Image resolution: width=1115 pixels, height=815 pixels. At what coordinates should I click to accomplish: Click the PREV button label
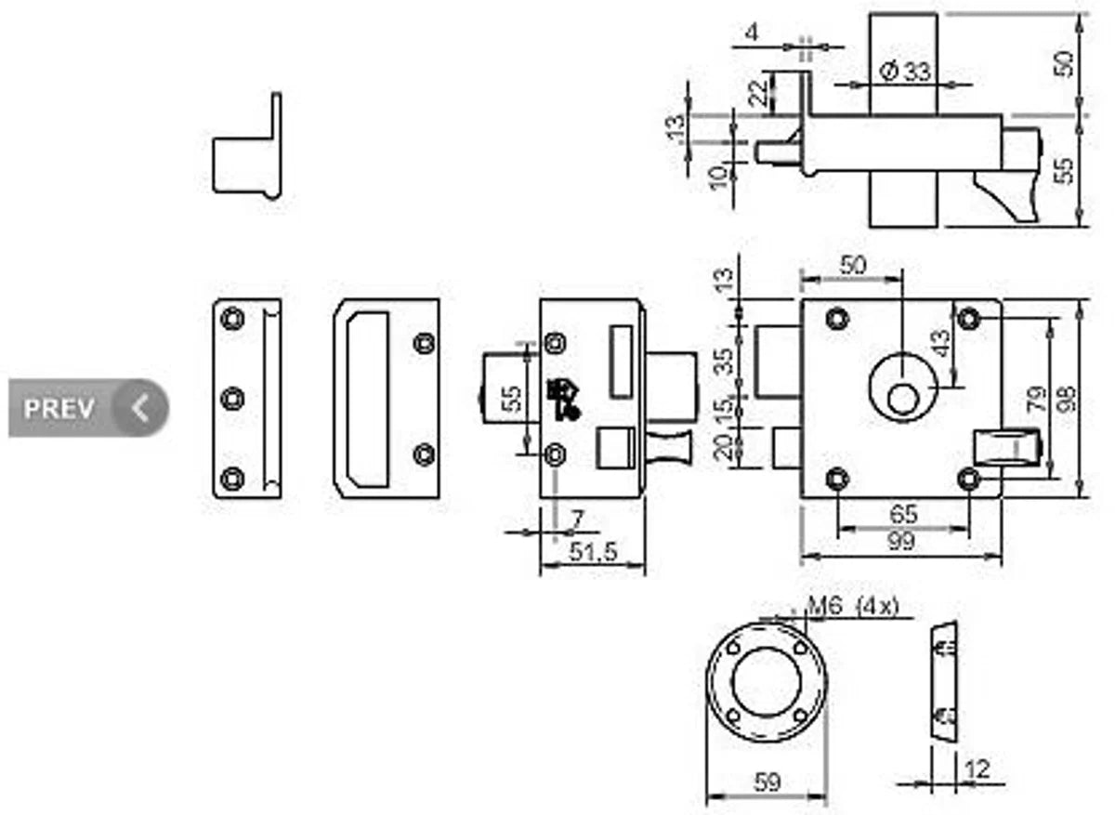59,409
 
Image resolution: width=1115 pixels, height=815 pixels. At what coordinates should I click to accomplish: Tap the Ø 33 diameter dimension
904,72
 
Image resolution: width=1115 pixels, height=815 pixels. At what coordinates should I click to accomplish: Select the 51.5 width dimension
593,551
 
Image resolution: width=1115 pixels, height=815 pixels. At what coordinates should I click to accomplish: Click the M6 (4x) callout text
853,606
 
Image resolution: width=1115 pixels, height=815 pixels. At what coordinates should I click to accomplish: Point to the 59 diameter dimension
767,782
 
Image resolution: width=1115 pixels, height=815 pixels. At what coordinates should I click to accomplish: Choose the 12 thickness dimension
977,769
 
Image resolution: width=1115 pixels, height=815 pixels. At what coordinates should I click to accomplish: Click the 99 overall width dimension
900,541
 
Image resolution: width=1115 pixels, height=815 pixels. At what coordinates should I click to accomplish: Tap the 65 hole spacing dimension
903,514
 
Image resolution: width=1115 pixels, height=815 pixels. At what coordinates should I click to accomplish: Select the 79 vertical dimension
1039,399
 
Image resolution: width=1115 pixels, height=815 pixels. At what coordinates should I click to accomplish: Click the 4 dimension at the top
752,33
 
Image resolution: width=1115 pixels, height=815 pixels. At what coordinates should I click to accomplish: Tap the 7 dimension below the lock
576,520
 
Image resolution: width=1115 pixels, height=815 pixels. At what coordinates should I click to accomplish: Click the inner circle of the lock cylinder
903,399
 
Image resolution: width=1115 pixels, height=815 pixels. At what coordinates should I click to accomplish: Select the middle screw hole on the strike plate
232,399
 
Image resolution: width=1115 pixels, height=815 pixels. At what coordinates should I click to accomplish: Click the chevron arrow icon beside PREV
140,408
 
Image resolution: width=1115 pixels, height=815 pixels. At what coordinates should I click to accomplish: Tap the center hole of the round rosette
767,682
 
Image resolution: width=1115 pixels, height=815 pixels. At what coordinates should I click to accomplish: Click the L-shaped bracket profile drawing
247,146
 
